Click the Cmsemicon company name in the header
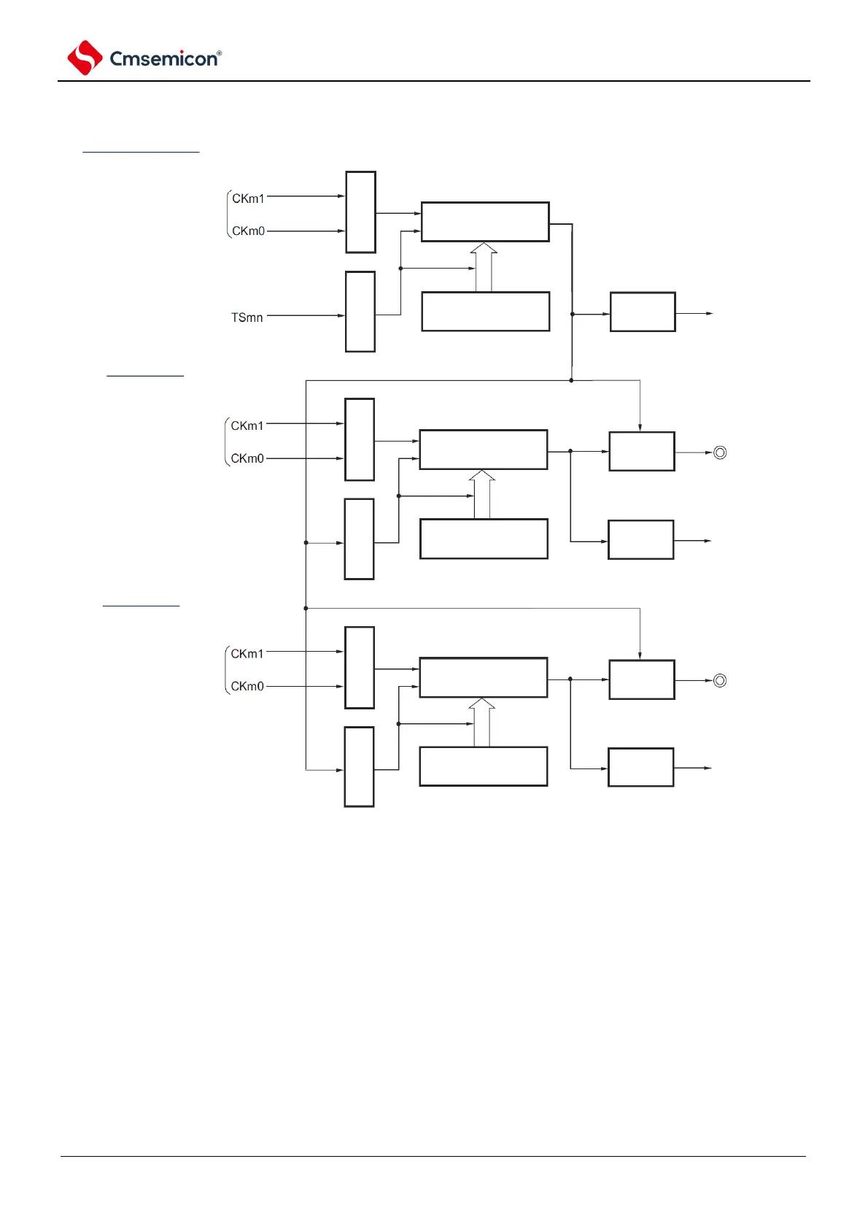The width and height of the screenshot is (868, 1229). pos(163,59)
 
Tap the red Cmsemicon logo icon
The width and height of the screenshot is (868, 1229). pos(85,58)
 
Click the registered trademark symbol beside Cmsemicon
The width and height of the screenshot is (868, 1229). pos(219,53)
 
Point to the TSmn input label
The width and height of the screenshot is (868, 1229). pos(247,317)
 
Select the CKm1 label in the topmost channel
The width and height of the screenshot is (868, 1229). pos(248,199)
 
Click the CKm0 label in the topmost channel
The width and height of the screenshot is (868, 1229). pos(248,231)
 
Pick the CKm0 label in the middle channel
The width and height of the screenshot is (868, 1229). pos(247,458)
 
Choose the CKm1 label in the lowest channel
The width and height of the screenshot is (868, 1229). pos(247,654)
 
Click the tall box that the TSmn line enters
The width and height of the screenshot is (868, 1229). pos(360,312)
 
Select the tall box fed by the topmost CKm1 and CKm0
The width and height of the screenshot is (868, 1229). pos(360,212)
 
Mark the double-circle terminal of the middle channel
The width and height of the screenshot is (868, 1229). pos(720,452)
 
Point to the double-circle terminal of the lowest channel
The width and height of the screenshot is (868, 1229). pos(720,680)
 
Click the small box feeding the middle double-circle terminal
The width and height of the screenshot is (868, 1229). pos(642,452)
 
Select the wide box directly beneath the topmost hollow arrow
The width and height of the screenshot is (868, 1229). pos(486,312)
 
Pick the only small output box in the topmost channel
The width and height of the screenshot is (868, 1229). pos(643,312)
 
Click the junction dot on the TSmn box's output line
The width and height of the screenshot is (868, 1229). pos(400,269)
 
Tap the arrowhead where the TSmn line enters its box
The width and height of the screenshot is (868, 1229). pos(341,316)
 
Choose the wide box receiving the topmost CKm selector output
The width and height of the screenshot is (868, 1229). pos(485,222)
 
